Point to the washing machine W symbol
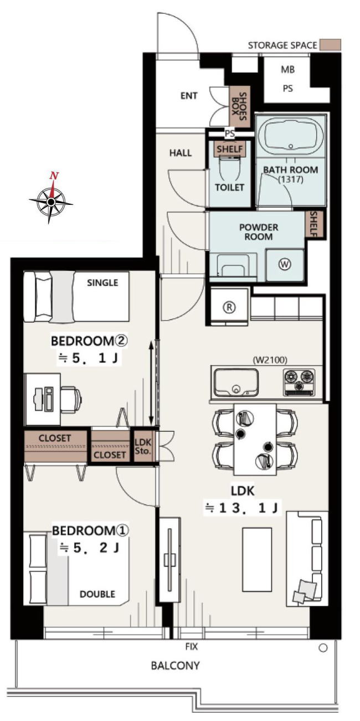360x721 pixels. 285,265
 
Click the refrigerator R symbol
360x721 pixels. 229,307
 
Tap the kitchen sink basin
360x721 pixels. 236,383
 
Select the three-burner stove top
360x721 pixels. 299,383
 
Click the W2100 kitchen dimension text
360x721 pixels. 270,359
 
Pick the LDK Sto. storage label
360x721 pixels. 143,446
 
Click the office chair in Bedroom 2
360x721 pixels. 70,399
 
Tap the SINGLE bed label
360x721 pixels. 102,282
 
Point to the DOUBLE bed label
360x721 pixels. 97,594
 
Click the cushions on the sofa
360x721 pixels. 304,590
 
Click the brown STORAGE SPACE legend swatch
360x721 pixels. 331,45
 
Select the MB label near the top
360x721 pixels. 288,70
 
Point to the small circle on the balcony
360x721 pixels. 323,647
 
